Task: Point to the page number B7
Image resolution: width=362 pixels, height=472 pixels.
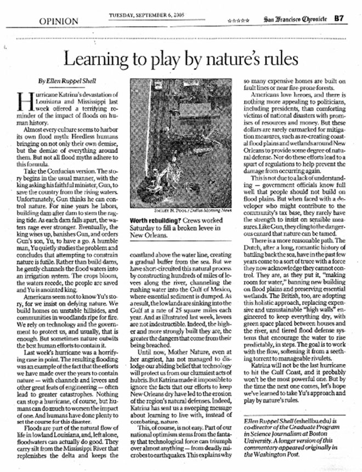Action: click(x=340, y=18)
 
